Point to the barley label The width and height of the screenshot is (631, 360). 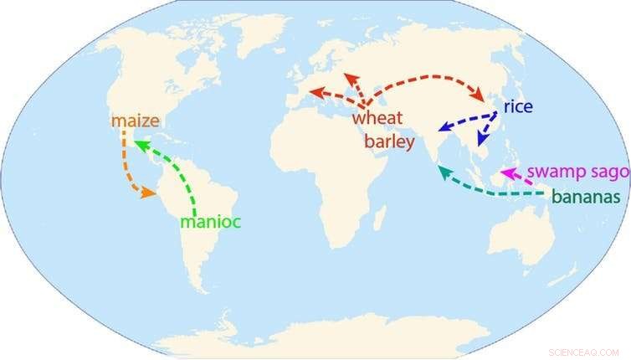click(x=389, y=142)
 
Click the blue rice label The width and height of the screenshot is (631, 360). click(x=518, y=107)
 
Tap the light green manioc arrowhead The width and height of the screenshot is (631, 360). click(x=141, y=146)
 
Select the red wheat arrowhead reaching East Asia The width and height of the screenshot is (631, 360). click(x=485, y=98)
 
